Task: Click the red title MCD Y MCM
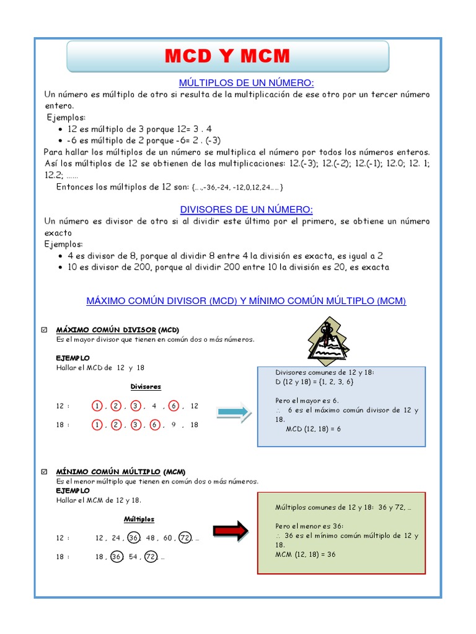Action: click(x=227, y=56)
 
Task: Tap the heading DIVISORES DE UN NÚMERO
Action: click(x=246, y=209)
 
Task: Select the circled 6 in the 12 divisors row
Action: click(x=174, y=406)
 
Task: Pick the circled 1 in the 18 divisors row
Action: click(x=97, y=425)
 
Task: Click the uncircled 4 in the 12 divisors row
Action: click(x=154, y=406)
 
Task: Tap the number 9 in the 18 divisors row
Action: click(x=174, y=425)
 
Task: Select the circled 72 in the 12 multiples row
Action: click(x=185, y=538)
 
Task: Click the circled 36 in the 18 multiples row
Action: click(x=117, y=557)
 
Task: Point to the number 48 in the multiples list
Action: click(x=149, y=538)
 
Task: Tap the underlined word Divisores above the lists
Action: click(x=146, y=386)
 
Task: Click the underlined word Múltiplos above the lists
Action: click(x=139, y=519)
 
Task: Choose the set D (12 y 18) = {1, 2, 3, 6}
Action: click(x=315, y=382)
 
